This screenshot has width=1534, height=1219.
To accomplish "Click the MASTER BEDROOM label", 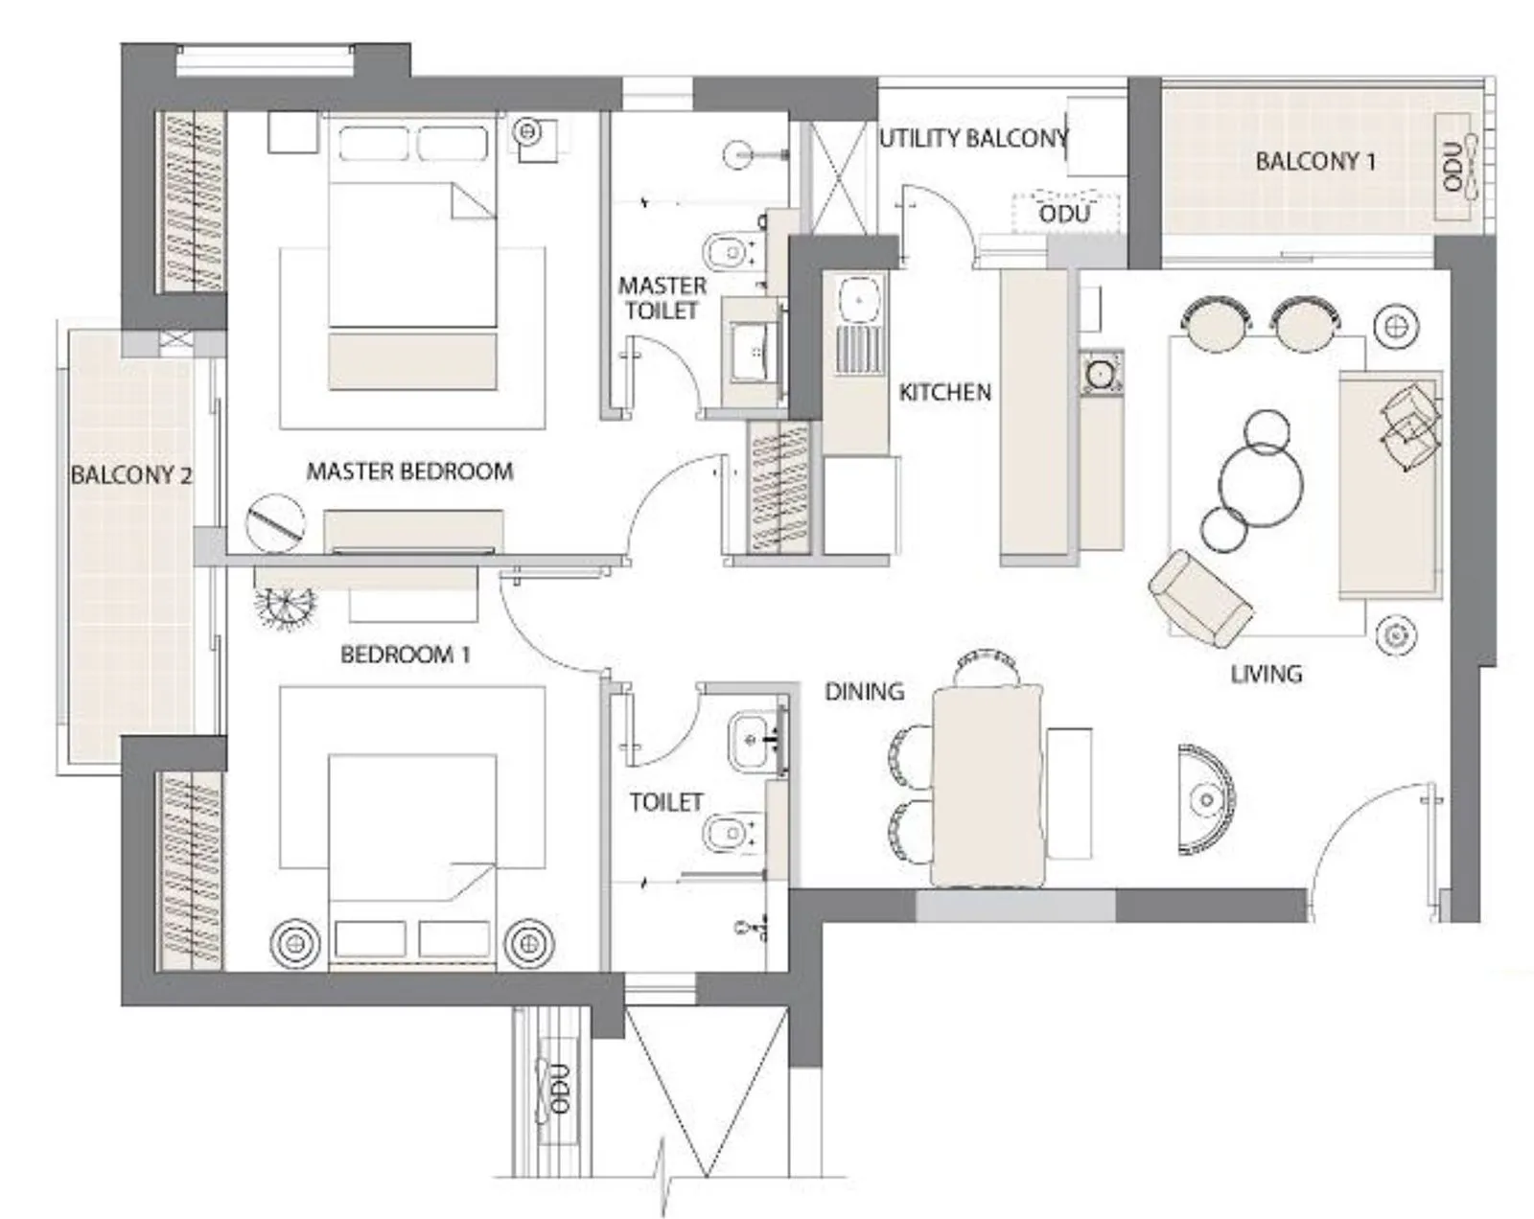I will coord(409,471).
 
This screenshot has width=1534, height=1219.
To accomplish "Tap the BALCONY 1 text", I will coord(1314,161).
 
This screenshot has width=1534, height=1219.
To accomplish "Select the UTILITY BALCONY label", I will coord(972,139).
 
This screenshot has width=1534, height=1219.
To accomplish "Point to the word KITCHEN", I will coord(944,392).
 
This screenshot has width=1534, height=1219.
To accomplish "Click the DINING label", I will coord(864,691).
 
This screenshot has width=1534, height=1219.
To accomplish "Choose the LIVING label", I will coord(1266,674).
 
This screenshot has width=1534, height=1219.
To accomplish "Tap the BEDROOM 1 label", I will coord(405,655).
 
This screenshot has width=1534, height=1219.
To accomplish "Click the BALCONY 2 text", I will coord(130,474).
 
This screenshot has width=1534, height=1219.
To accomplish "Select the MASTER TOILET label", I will coord(662,298).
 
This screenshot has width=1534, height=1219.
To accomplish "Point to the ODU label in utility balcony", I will coord(1064,213).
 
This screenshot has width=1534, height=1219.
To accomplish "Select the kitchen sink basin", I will coord(859,300).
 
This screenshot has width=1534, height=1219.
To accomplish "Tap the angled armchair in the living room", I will coord(1199,597).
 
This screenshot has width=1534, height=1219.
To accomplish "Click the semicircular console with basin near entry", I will coord(1205,798).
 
